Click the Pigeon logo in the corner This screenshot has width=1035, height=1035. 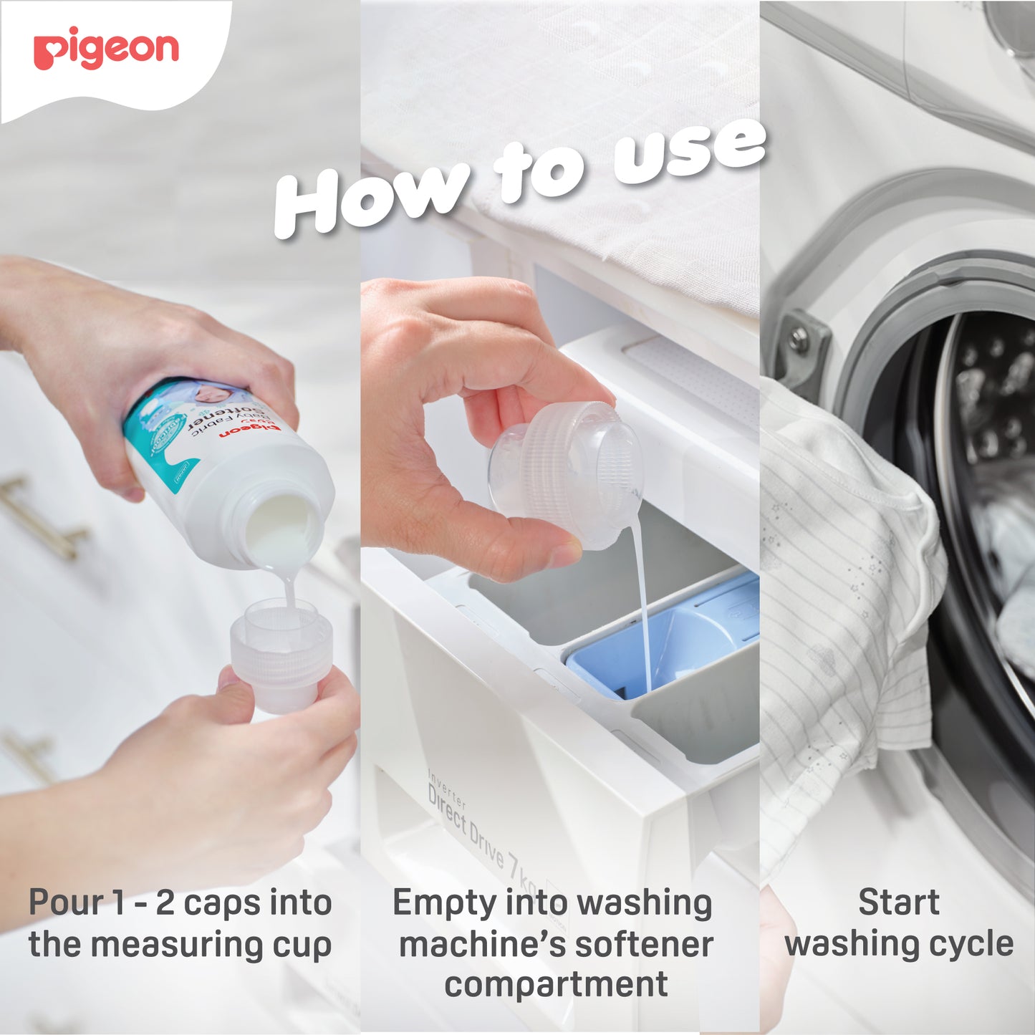pyautogui.click(x=106, y=49)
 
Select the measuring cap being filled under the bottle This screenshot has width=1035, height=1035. pyautogui.click(x=281, y=655)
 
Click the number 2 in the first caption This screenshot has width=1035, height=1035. pyautogui.click(x=165, y=903)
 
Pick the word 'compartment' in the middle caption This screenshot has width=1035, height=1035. pyautogui.click(x=556, y=984)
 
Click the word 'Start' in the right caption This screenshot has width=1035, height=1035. pyautogui.click(x=899, y=902)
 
